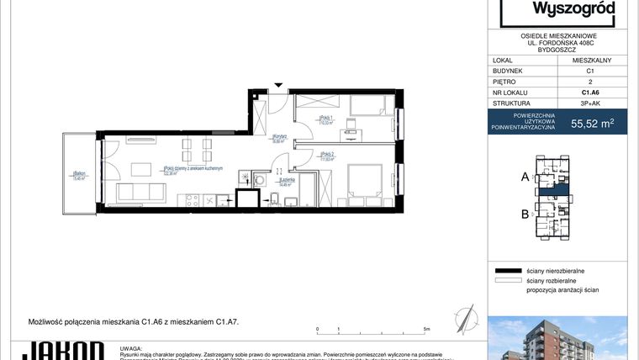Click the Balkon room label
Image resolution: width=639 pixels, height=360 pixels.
80,176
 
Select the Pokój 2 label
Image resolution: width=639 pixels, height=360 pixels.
326,156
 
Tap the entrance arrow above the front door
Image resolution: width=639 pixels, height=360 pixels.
280,84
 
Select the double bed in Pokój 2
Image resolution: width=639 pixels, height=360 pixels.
363,181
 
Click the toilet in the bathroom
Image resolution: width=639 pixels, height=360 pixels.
261,180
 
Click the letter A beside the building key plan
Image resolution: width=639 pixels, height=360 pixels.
525,177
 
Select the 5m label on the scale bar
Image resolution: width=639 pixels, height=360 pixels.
427,331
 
